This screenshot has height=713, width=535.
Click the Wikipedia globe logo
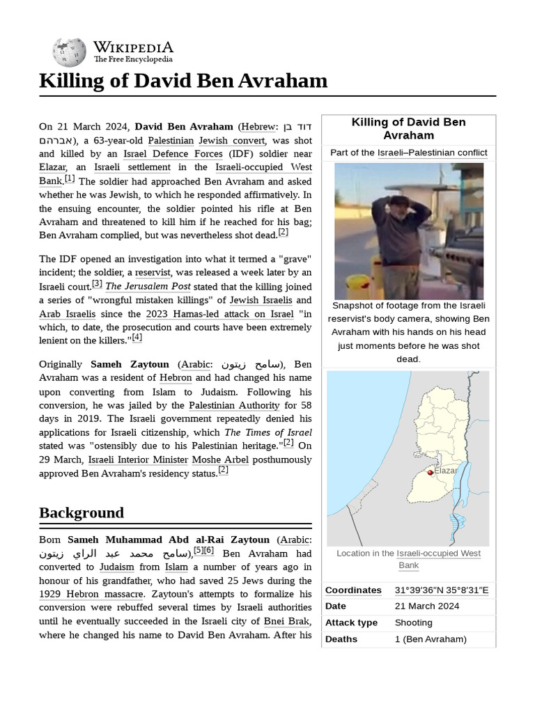coord(69,52)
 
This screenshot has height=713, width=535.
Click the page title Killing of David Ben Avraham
coord(183,81)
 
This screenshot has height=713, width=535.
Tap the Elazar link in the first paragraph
coord(52,167)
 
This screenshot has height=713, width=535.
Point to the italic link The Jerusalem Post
coord(147,286)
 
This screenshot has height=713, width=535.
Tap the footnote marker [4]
coord(137,338)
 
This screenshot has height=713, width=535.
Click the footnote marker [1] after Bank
coord(70,179)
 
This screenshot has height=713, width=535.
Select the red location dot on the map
coord(430,473)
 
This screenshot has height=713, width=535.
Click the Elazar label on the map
coord(446,471)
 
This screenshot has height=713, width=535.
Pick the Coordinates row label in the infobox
coord(353,590)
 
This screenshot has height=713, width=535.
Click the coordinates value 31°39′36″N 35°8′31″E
coord(442,590)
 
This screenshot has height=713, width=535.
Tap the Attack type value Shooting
coord(413,622)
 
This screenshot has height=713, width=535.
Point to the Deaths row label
coord(341,639)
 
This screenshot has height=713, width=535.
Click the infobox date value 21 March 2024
coord(427,606)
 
